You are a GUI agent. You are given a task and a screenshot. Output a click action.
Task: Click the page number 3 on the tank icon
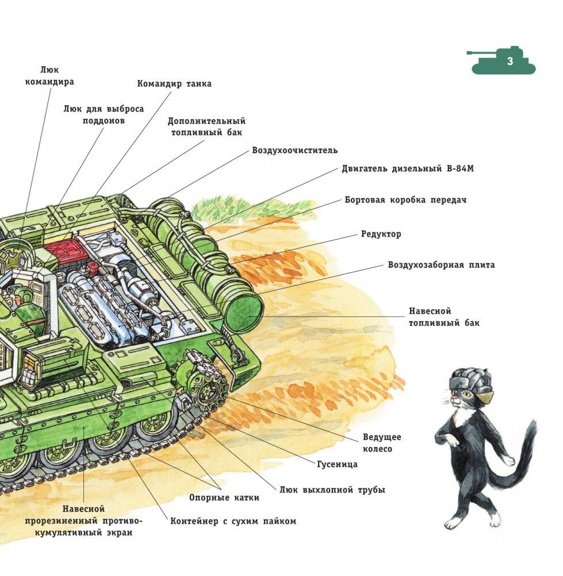point(510,61)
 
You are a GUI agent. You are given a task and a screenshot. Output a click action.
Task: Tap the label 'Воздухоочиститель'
point(294,150)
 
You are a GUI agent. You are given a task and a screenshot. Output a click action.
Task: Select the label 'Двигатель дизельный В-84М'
point(408,169)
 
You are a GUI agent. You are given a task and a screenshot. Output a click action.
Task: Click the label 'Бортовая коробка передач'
point(405,200)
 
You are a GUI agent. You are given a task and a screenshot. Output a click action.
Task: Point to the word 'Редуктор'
point(381,234)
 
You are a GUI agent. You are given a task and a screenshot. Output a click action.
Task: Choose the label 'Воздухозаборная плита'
point(441,265)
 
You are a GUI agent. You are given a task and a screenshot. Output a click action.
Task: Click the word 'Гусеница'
point(337,464)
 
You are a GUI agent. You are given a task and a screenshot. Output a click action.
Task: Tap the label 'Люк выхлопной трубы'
point(332,490)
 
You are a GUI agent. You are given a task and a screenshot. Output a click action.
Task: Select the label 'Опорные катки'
point(224,498)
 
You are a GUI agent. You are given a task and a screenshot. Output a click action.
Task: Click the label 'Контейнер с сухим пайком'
point(233,521)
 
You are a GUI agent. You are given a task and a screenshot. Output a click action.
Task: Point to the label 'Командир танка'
point(174,84)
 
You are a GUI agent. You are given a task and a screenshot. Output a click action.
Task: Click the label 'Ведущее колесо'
point(382,443)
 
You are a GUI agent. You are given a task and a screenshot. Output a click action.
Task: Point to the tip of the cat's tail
point(532,423)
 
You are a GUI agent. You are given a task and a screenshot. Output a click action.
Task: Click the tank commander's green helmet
point(23,293)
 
